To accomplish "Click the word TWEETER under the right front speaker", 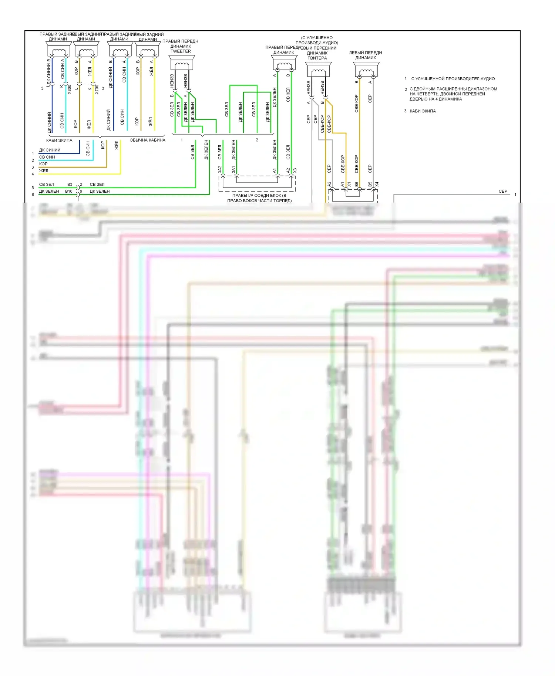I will click(x=181, y=51).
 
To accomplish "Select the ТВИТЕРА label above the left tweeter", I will click(x=317, y=58).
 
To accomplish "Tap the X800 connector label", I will click(x=69, y=89).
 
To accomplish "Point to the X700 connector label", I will click(x=97, y=89).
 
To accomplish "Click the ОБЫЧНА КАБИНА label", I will click(x=147, y=140).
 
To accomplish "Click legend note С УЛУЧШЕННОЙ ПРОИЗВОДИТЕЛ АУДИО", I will click(x=453, y=79).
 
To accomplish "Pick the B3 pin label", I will click(x=70, y=184).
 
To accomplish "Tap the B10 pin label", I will click(x=69, y=191).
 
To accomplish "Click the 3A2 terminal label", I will click(x=220, y=169).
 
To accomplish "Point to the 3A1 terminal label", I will click(x=233, y=169).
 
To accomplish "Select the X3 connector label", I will click(x=295, y=170).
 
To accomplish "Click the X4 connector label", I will click(x=377, y=184).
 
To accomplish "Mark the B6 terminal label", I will click(x=356, y=184).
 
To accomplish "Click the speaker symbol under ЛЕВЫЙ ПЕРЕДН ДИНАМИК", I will click(x=366, y=70).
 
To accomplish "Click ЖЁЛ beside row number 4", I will click(x=44, y=171).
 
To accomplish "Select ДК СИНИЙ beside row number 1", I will click(x=50, y=150).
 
